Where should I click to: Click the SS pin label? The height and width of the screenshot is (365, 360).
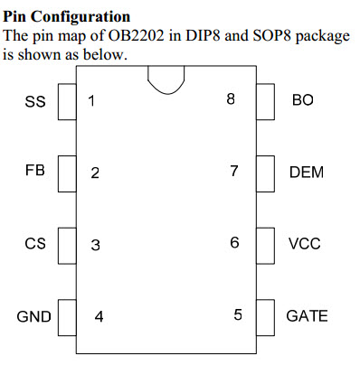pyautogui.click(x=34, y=101)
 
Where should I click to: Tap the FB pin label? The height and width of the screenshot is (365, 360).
pyautogui.click(x=34, y=169)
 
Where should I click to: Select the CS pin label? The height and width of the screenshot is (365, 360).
pyautogui.click(x=34, y=243)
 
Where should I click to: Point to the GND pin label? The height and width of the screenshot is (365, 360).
pyautogui.click(x=33, y=316)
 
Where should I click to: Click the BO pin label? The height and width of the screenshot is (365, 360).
pyautogui.click(x=302, y=100)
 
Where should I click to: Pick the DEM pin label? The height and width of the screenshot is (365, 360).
pyautogui.click(x=307, y=172)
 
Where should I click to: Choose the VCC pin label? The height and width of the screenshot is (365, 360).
pyautogui.click(x=304, y=244)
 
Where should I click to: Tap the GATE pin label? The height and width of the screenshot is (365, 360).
pyautogui.click(x=307, y=316)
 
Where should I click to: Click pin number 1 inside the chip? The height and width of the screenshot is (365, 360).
pyautogui.click(x=91, y=100)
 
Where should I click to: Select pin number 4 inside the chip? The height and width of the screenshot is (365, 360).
pyautogui.click(x=99, y=316)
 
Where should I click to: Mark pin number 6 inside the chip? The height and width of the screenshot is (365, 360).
pyautogui.click(x=234, y=243)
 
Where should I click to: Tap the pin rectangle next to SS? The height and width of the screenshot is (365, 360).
pyautogui.click(x=66, y=101)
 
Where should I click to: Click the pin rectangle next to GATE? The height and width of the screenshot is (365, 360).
pyautogui.click(x=265, y=316)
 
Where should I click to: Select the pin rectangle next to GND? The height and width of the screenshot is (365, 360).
pyautogui.click(x=66, y=316)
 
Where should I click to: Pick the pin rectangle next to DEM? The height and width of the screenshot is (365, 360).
pyautogui.click(x=265, y=172)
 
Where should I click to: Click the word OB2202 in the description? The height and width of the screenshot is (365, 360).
pyautogui.click(x=131, y=37)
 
